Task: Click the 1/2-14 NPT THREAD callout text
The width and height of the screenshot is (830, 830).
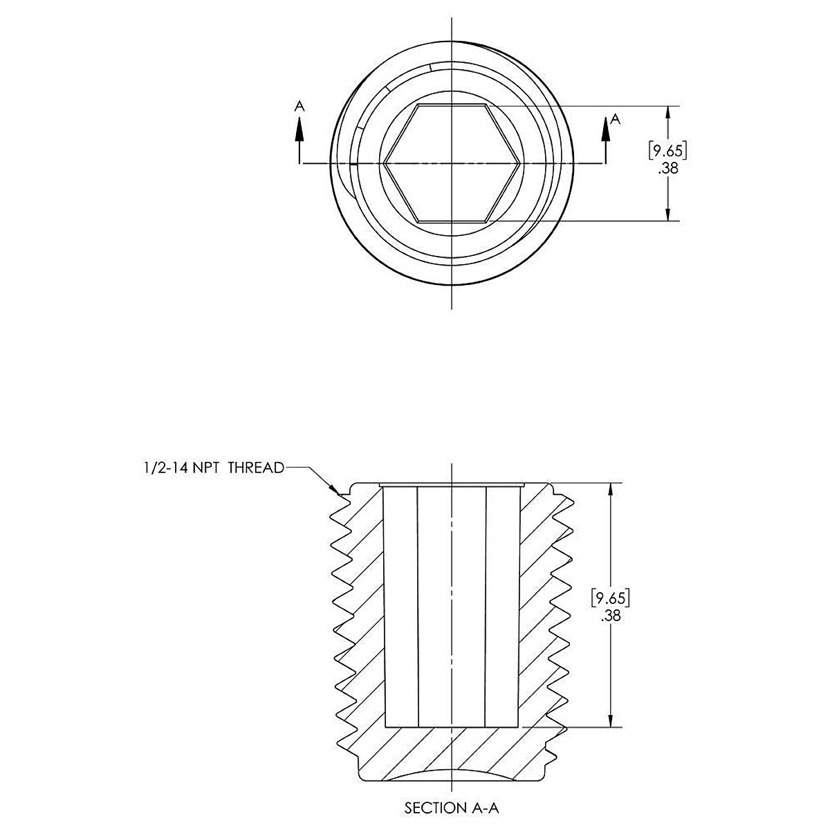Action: click(x=214, y=468)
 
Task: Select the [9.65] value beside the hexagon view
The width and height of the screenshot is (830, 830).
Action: click(x=667, y=151)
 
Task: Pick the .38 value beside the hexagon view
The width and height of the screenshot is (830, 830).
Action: click(x=668, y=168)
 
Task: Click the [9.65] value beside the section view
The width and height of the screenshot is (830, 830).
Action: click(x=611, y=598)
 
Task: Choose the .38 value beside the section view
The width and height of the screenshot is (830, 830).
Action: click(x=611, y=616)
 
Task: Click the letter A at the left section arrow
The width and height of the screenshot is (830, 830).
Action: click(x=299, y=106)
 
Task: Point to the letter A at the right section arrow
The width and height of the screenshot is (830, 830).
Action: click(x=616, y=119)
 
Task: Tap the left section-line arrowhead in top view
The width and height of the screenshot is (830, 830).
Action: click(x=299, y=131)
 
